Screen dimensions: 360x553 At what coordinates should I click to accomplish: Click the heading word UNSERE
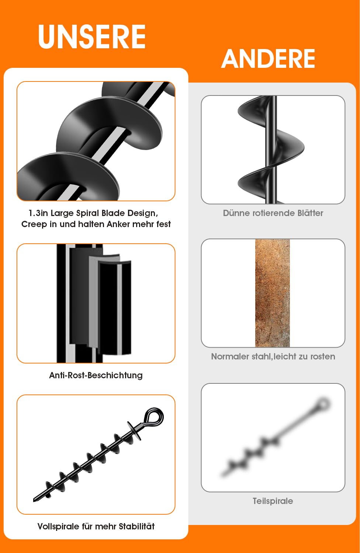92,36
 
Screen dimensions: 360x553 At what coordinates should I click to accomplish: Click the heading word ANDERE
268,59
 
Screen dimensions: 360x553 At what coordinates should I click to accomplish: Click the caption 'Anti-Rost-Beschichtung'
96,375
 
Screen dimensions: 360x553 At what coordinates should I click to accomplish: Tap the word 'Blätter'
310,213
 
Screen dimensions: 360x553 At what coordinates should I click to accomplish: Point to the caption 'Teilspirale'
273,501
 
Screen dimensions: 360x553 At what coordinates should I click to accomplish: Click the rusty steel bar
272,293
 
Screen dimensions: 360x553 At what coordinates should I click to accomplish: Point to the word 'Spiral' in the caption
87,213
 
